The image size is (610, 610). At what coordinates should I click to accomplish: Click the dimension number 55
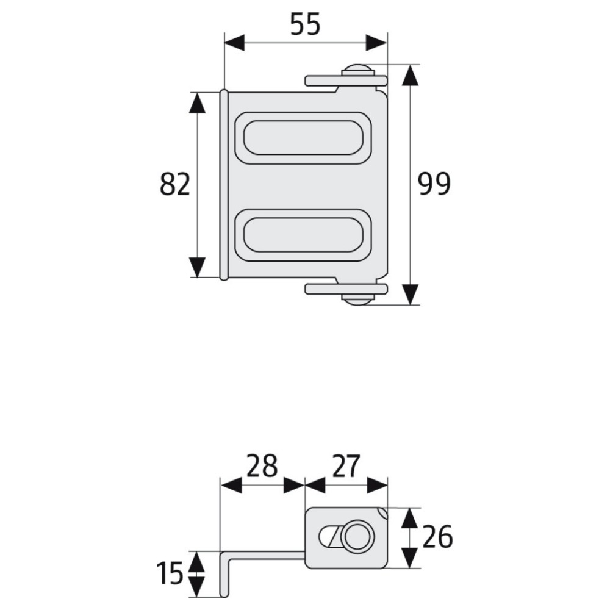pyautogui.click(x=306, y=24)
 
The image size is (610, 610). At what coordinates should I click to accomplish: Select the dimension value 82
pyautogui.click(x=175, y=184)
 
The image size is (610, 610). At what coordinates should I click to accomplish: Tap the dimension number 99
pyautogui.click(x=434, y=184)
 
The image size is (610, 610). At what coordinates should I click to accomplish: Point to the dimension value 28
pyautogui.click(x=262, y=465)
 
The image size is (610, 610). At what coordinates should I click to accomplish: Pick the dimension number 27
pyautogui.click(x=345, y=465)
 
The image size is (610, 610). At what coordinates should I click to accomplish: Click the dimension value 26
pyautogui.click(x=437, y=537)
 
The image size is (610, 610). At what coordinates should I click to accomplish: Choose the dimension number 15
pyautogui.click(x=170, y=573)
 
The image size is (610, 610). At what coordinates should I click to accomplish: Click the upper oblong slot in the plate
pyautogui.click(x=303, y=138)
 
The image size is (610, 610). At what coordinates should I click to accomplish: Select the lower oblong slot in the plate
pyautogui.click(x=303, y=235)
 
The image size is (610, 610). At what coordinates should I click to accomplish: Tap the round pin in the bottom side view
pyautogui.click(x=357, y=537)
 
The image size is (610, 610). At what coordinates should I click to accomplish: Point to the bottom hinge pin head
pyautogui.click(x=358, y=299)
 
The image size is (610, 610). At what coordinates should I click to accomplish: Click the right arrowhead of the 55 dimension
pyautogui.click(x=376, y=43)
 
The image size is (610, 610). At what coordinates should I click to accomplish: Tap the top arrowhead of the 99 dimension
pyautogui.click(x=410, y=75)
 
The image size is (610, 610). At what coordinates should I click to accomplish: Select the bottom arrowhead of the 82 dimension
pyautogui.click(x=197, y=267)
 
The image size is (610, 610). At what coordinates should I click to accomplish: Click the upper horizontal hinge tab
pyautogui.click(x=346, y=81)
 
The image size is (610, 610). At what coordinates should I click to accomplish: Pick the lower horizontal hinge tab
pyautogui.click(x=346, y=289)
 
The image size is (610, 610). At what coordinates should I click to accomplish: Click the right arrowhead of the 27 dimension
pyautogui.click(x=378, y=485)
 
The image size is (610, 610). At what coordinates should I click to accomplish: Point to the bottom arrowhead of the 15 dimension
pyautogui.click(x=197, y=587)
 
